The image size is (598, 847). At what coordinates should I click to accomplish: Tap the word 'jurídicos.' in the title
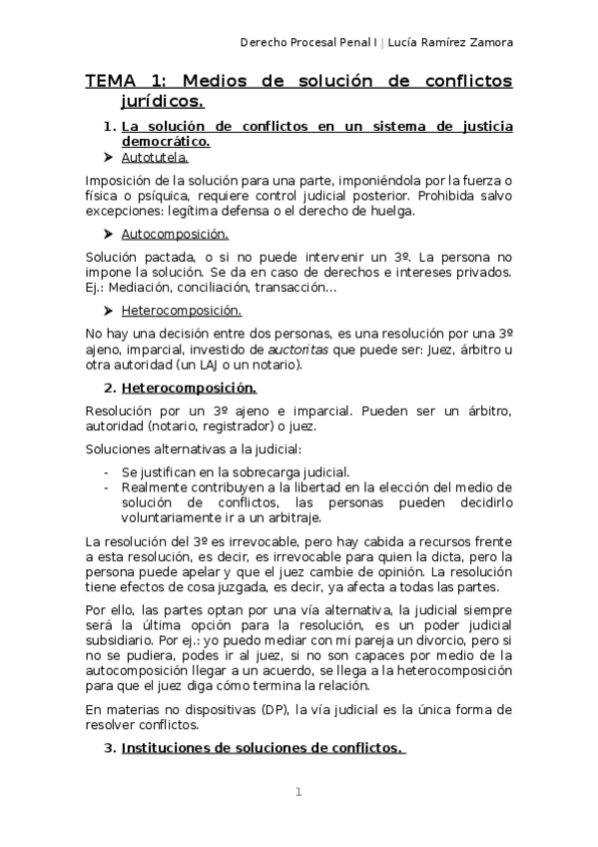point(163,101)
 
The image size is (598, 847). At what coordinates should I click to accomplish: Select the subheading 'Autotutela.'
point(154,158)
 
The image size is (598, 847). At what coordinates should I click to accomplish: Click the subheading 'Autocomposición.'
point(175,235)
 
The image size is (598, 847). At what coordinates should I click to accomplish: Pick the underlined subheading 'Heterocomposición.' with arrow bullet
point(181,311)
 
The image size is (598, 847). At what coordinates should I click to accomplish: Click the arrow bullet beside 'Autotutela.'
point(108,158)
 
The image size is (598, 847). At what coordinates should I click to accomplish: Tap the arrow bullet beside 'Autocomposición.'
point(108,235)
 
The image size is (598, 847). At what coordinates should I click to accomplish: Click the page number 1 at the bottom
point(299,793)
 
